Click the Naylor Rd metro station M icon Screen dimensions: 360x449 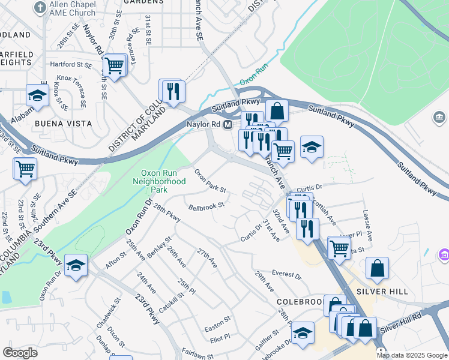click(x=228, y=125)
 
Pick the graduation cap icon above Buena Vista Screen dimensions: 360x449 click(x=37, y=95)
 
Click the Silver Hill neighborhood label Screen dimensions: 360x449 click(x=382, y=292)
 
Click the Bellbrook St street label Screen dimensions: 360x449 click(x=206, y=206)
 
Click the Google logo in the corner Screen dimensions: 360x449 click(x=20, y=353)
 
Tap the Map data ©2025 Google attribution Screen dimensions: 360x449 click(x=412, y=355)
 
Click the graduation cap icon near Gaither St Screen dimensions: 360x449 click(x=303, y=334)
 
